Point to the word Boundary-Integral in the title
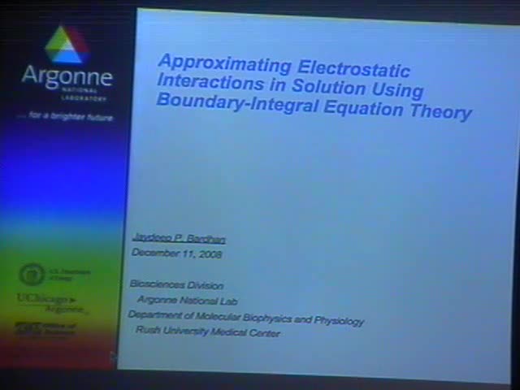tap(235, 102)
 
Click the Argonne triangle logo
tap(67, 45)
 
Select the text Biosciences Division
tap(174, 284)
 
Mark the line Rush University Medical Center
tap(207, 332)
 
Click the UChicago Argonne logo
tap(53, 301)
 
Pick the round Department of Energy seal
tap(31, 274)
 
